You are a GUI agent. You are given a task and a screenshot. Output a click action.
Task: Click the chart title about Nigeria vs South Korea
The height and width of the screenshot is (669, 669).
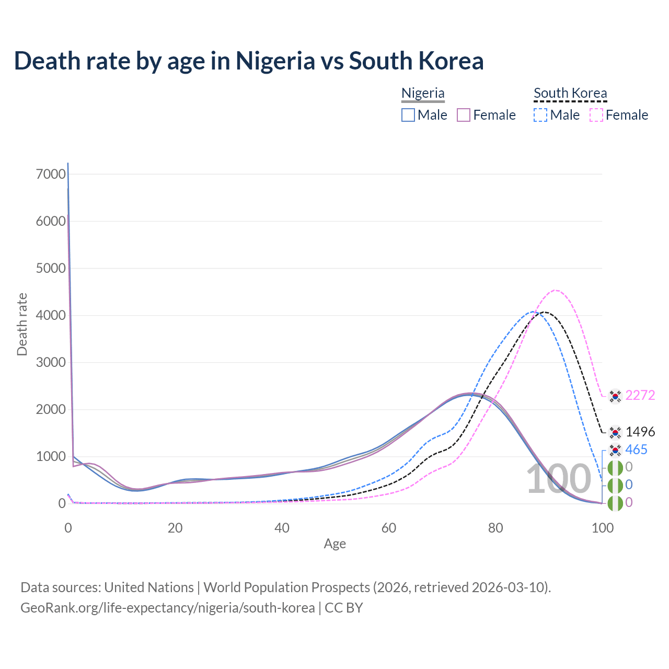pyautogui.click(x=249, y=61)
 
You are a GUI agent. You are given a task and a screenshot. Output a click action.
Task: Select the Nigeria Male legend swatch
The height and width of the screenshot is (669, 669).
pyautogui.click(x=408, y=115)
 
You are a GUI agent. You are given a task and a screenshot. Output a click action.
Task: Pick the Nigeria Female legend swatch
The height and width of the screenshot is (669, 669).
pyautogui.click(x=464, y=115)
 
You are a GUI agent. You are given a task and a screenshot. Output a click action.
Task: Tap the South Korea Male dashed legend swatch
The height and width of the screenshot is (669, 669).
pyautogui.click(x=540, y=115)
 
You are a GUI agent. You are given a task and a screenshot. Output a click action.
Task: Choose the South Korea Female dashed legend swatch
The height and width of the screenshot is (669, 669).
pyautogui.click(x=596, y=115)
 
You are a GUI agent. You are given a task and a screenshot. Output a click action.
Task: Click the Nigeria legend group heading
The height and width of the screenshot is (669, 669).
pyautogui.click(x=423, y=93)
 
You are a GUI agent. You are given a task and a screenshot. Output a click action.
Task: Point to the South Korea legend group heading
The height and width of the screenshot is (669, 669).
pyautogui.click(x=570, y=93)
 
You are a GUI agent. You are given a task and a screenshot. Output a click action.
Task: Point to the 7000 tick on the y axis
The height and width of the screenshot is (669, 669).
pyautogui.click(x=51, y=174)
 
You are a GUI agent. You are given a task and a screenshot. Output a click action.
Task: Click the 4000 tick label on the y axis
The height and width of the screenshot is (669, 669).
pyautogui.click(x=51, y=315)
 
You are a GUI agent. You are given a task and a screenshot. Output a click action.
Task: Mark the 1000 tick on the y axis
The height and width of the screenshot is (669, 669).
pyautogui.click(x=51, y=456)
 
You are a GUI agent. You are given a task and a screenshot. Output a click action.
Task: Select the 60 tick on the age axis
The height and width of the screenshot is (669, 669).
pyautogui.click(x=389, y=528)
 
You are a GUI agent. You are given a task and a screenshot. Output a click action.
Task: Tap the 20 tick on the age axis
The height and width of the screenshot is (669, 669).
pyautogui.click(x=175, y=528)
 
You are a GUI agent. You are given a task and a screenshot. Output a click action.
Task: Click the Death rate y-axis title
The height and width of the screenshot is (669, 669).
pyautogui.click(x=22, y=325)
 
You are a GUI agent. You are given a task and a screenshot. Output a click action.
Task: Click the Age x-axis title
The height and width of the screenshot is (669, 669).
pyautogui.click(x=335, y=544)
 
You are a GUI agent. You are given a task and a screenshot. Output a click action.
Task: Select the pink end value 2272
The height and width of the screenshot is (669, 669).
pyautogui.click(x=640, y=395)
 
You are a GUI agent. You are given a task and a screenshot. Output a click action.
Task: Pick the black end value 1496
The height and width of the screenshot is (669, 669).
pyautogui.click(x=640, y=432)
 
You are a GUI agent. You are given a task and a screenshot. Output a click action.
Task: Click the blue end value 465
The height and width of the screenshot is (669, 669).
pyautogui.click(x=636, y=449)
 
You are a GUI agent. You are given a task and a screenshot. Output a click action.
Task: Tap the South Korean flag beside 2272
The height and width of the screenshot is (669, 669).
pyautogui.click(x=616, y=396)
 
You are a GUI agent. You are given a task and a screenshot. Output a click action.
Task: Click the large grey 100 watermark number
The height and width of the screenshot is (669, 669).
pyautogui.click(x=558, y=479)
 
